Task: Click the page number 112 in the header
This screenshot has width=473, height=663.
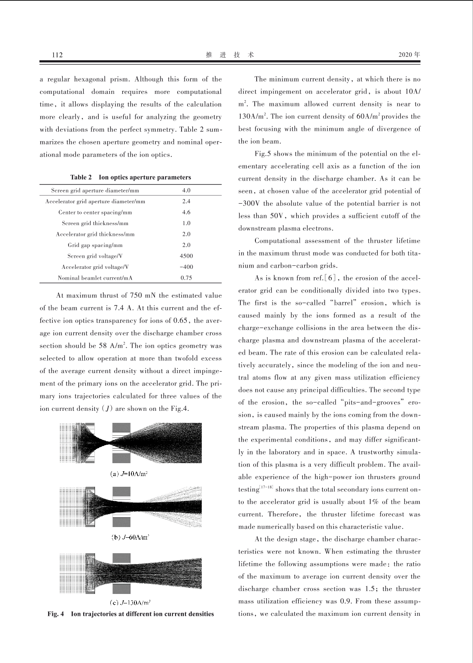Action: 57,55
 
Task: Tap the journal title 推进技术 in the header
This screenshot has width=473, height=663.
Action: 230,55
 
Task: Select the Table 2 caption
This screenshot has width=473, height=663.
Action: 130,177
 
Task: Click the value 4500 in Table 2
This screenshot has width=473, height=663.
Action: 186,256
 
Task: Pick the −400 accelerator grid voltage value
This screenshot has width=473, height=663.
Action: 186,267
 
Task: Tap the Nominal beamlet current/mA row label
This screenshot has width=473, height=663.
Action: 95,278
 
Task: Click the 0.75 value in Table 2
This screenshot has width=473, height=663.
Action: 186,278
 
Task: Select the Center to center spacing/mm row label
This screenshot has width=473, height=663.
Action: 95,212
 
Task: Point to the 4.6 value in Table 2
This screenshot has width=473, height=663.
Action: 186,212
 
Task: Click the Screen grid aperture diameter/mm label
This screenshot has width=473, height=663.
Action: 95,190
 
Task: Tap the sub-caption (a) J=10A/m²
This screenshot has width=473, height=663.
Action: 129,474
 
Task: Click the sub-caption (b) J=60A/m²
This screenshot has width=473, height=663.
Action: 130,537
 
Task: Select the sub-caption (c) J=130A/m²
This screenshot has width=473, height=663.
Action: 130,602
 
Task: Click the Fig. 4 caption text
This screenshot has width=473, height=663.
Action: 130,614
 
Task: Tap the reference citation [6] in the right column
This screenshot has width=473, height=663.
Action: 332,278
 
